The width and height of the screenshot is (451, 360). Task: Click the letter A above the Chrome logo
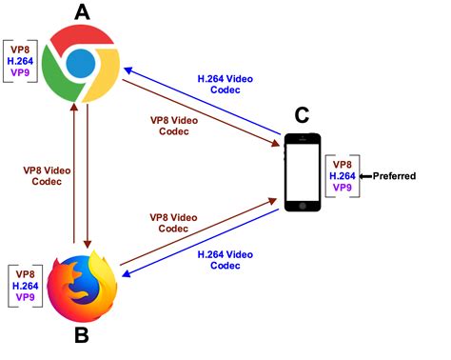(x=82, y=12)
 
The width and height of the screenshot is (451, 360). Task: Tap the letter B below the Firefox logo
(x=82, y=337)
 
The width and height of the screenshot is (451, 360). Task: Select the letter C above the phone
(x=301, y=115)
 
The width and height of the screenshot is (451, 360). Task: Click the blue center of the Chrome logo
(x=82, y=65)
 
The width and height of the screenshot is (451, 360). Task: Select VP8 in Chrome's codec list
(x=21, y=46)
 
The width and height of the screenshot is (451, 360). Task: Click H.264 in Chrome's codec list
(x=21, y=58)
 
